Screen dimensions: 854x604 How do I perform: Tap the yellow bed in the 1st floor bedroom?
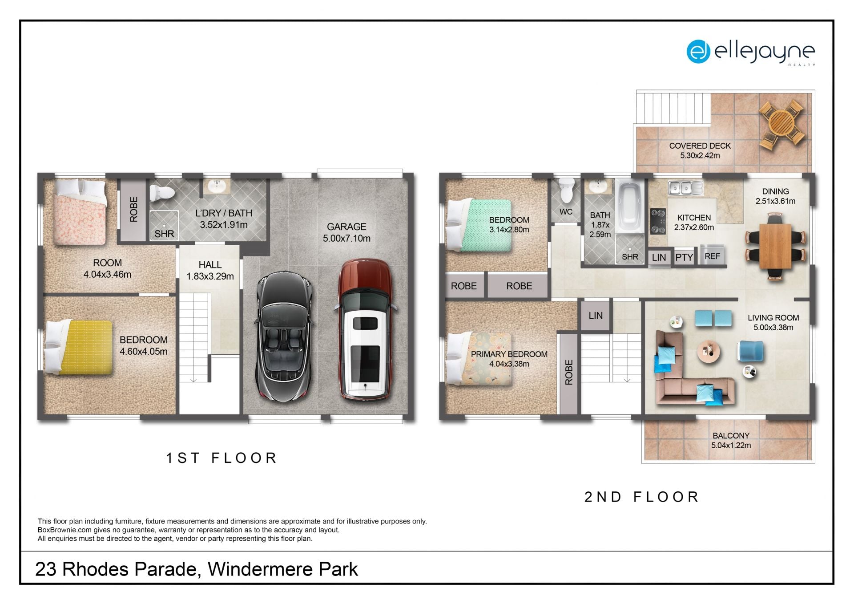point(79,347)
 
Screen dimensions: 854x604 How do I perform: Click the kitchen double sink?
point(685,188)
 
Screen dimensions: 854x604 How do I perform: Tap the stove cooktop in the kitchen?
point(658,221)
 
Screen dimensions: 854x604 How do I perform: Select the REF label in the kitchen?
point(712,256)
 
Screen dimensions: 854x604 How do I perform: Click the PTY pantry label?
point(684,257)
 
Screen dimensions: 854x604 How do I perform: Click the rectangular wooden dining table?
point(775,246)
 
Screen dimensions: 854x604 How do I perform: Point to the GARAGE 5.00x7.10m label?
point(346,232)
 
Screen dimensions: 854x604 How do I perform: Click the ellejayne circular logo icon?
point(698,52)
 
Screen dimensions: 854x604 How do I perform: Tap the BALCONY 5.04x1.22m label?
point(731,440)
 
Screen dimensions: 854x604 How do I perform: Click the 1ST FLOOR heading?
point(222,458)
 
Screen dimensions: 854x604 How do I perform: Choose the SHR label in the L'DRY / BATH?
point(164,234)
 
